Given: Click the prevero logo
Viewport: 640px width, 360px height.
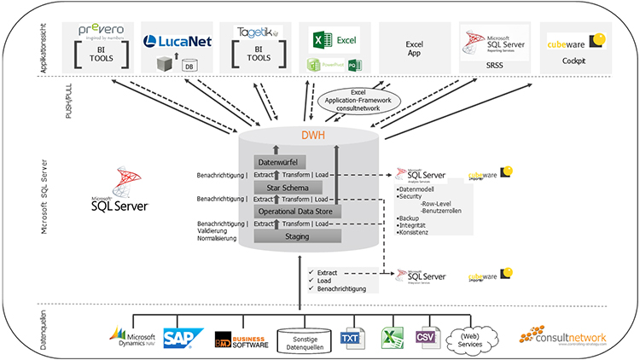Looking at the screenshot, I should coord(103,31).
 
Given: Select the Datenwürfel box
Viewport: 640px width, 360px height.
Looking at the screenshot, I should coord(280,162).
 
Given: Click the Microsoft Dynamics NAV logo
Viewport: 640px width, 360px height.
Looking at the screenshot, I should coord(134,338).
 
